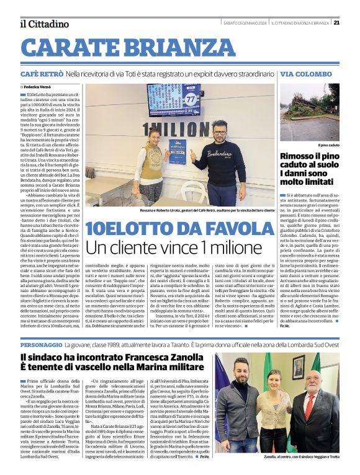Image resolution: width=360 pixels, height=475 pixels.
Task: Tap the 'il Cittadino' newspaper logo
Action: (x=44, y=24)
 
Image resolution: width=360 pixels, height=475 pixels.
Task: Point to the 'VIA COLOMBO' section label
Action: (x=302, y=74)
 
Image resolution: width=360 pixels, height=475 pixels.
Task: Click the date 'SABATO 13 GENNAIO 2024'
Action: (x=243, y=24)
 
